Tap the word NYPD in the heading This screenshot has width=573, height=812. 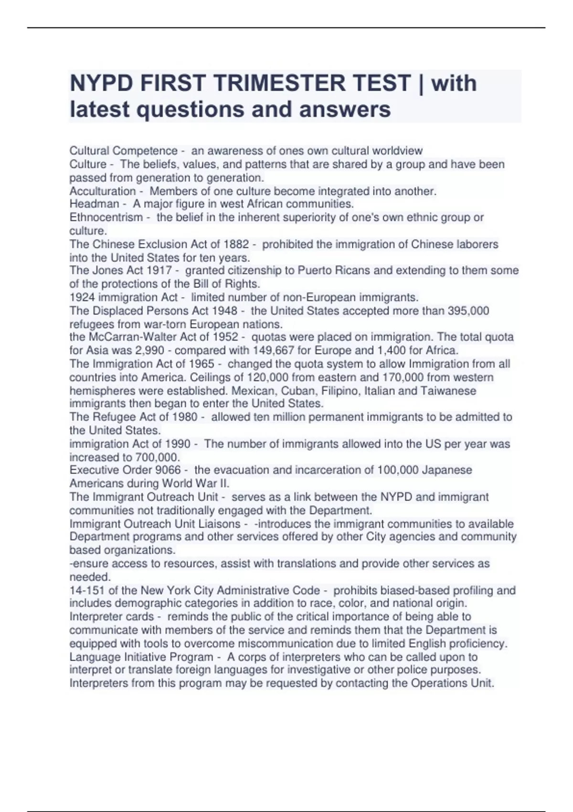(x=101, y=83)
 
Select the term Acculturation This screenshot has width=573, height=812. (x=103, y=191)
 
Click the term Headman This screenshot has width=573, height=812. (x=94, y=204)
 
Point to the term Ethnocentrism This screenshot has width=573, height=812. (x=106, y=217)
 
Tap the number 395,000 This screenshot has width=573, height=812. (x=468, y=310)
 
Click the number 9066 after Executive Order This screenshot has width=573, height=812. (x=169, y=470)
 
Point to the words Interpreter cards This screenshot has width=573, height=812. (x=112, y=617)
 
